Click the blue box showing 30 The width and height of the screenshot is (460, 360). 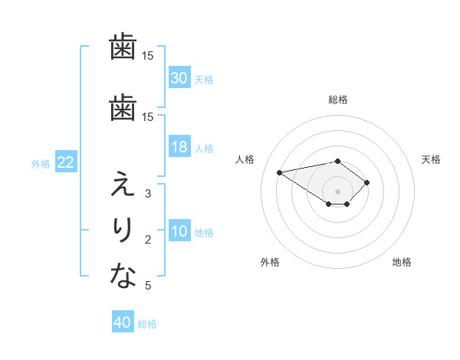tap(179, 78)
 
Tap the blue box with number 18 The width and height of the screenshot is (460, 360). tap(179, 148)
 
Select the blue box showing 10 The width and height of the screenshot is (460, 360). tap(179, 232)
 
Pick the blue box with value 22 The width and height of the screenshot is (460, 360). tap(65, 162)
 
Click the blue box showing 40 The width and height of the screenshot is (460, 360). tap(123, 322)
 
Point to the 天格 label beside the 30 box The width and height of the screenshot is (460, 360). tap(204, 79)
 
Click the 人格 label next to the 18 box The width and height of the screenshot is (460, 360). tap(204, 149)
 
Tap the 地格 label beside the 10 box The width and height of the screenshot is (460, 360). tap(204, 233)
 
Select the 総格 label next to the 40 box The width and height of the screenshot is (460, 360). tap(147, 323)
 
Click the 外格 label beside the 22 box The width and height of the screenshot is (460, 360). tap(41, 163)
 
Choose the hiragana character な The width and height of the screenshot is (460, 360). tap(123, 276)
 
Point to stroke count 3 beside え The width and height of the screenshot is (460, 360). tap(148, 194)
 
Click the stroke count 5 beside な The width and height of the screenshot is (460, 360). tap(148, 286)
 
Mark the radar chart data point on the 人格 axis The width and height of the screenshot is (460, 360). tap(280, 172)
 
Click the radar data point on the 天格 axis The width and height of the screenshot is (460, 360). tap(367, 182)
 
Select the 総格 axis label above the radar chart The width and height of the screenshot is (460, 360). tap(338, 100)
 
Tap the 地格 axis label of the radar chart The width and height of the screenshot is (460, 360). tap(402, 263)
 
